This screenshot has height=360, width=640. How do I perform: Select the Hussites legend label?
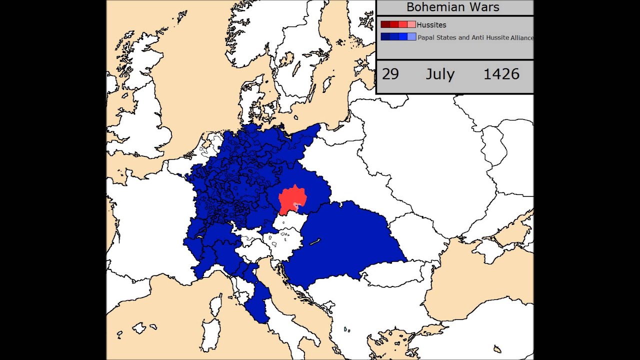431,24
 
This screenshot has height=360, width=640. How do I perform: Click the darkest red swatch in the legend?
385,24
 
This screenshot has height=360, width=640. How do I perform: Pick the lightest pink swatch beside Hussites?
411,24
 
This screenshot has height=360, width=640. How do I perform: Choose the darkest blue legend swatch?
385,37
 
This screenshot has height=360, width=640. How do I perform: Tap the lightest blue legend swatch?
411,37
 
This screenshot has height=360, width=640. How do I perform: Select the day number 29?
390,74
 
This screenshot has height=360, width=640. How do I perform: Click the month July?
440,74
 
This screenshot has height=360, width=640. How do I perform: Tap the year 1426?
501,74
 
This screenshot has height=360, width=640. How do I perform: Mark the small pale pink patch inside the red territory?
298,206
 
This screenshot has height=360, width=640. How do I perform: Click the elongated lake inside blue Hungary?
314,242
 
